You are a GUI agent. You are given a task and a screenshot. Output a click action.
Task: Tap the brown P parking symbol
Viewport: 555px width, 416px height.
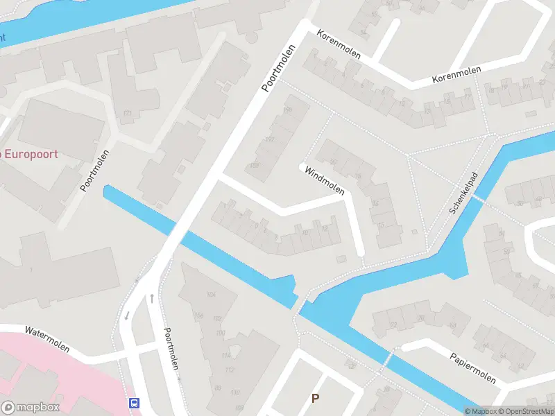(316, 398)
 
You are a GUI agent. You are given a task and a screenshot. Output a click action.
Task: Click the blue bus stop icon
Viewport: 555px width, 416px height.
(134, 403)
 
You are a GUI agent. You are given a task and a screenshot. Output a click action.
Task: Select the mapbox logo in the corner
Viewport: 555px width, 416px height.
(31, 408)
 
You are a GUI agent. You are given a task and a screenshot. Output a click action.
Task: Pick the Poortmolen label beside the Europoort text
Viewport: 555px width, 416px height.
(95, 171)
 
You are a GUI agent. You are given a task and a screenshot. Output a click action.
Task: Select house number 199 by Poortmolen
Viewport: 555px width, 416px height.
(288, 110)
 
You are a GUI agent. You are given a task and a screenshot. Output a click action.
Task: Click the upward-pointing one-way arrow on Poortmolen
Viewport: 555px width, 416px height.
(152, 298)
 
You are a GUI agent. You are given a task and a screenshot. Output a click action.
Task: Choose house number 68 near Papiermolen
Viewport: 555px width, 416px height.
(453, 325)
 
